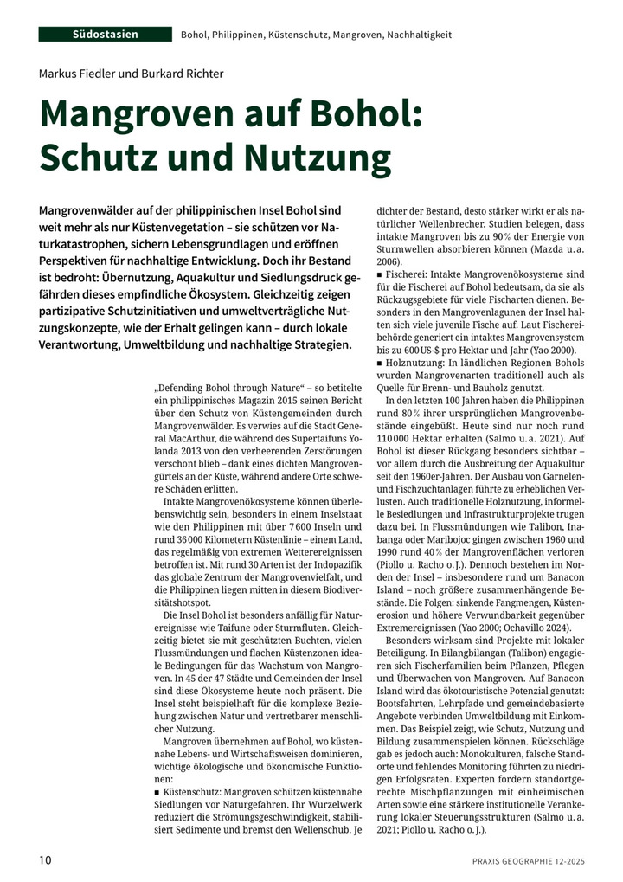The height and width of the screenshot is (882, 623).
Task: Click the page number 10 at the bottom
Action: coord(46,860)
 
